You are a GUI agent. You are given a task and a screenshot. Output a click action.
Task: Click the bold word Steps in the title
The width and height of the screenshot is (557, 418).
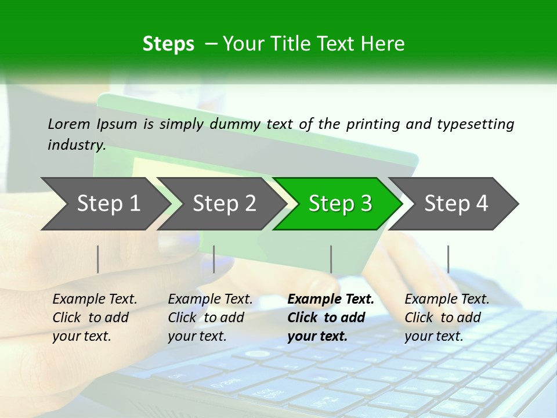(x=168, y=44)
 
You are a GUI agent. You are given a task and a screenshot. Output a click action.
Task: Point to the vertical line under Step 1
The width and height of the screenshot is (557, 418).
(x=98, y=259)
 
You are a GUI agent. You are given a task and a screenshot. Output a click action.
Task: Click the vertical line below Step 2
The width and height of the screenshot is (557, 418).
(x=214, y=259)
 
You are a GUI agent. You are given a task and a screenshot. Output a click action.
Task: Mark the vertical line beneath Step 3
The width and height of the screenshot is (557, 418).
(x=331, y=259)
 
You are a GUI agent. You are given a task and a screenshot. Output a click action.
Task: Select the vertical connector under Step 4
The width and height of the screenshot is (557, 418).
(x=448, y=259)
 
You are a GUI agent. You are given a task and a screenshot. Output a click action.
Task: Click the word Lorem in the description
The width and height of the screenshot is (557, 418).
(x=69, y=124)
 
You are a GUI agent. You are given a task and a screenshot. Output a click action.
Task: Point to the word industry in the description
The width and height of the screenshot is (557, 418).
(x=77, y=145)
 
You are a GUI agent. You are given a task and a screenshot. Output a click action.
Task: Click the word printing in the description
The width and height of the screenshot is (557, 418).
(x=371, y=124)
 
